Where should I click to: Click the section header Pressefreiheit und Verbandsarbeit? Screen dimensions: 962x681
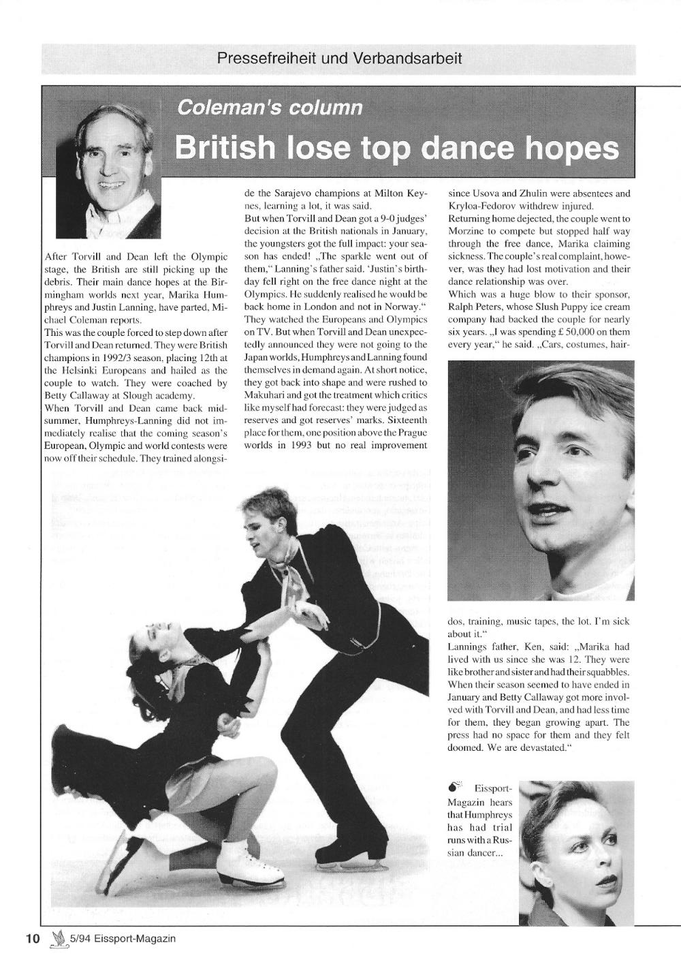pyautogui.click(x=339, y=59)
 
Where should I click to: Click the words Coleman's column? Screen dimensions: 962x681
pyautogui.click(x=269, y=108)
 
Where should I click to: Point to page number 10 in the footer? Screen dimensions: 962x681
pyautogui.click(x=33, y=938)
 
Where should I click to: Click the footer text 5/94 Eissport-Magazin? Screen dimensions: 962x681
pyautogui.click(x=123, y=939)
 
